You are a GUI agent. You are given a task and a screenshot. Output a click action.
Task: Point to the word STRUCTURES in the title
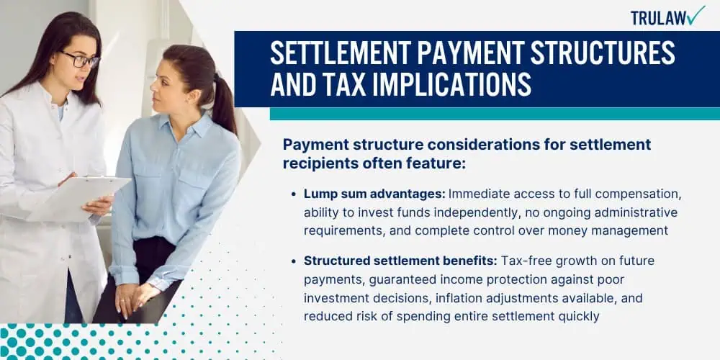click(601, 53)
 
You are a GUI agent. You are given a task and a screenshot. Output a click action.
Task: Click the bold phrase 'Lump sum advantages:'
click(374, 194)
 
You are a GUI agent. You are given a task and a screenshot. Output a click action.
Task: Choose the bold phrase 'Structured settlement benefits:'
click(400, 261)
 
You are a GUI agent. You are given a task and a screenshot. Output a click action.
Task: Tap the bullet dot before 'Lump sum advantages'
click(294, 194)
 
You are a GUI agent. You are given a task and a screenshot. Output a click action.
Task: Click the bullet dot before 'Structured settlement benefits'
click(294, 261)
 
